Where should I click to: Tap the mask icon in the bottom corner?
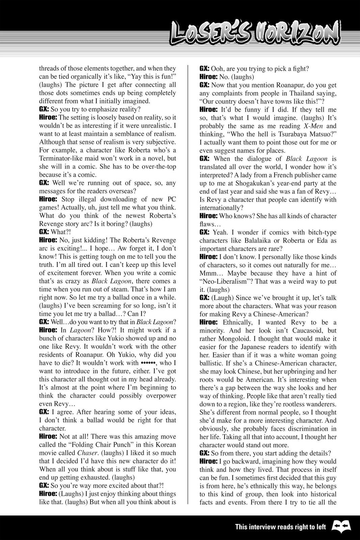[x=342, y=526]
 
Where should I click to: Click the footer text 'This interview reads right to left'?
[x=280, y=527]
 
